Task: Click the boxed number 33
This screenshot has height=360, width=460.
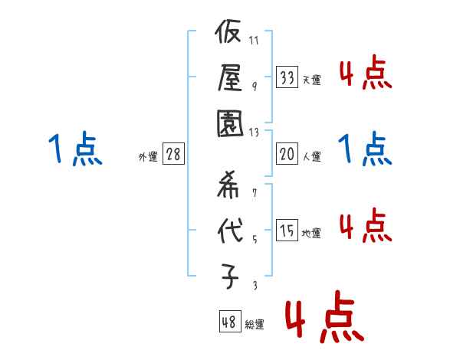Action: click(287, 77)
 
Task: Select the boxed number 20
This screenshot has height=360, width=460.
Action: click(287, 154)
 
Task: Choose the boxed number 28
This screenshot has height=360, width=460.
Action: click(174, 154)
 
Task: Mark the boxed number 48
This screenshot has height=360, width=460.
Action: click(229, 322)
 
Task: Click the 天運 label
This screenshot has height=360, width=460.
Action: click(311, 80)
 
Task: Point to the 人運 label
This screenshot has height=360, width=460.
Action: click(311, 156)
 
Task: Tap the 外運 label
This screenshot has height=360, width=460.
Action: click(148, 156)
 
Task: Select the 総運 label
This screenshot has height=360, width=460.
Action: click(255, 324)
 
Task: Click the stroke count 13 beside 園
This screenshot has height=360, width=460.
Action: click(255, 132)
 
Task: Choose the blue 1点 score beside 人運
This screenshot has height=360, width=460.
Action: click(365, 150)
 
